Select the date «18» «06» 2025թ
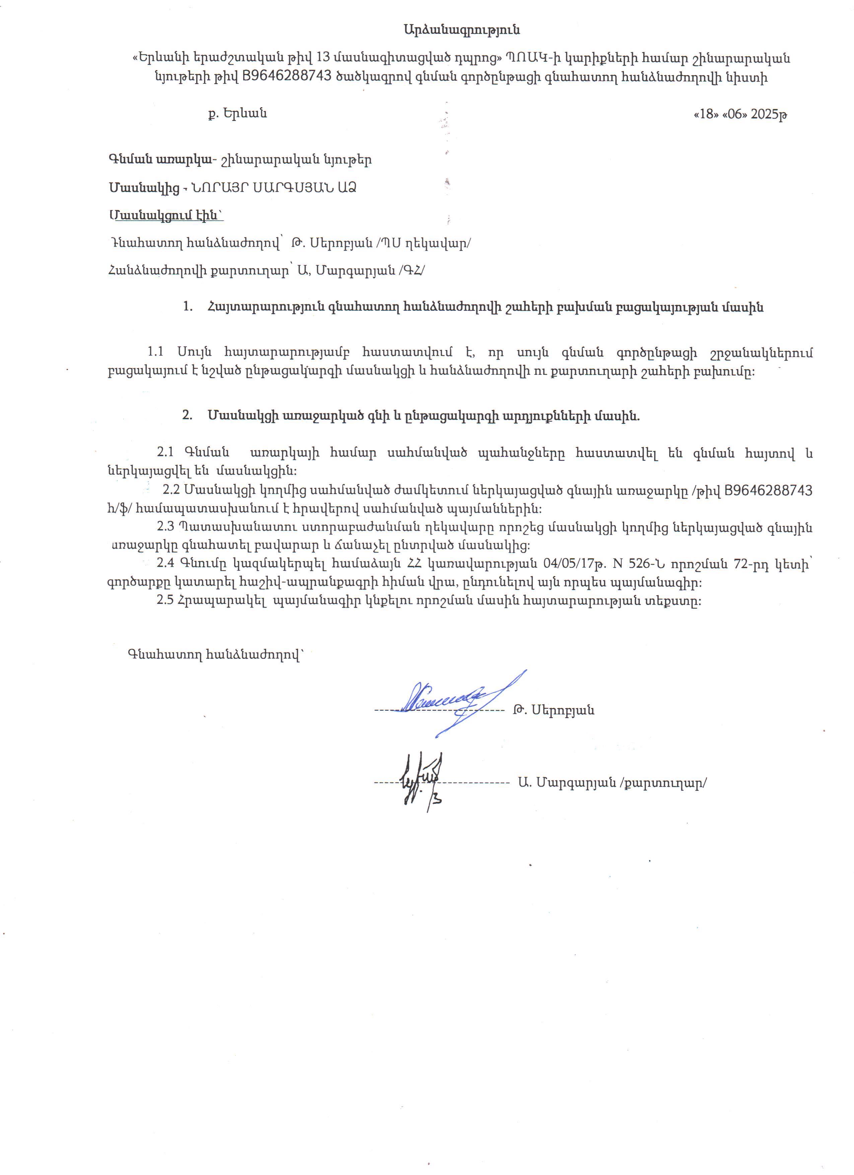pos(740,114)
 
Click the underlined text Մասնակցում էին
pos(167,215)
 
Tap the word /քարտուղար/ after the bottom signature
pos(663,783)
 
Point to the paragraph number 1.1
pos(155,352)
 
